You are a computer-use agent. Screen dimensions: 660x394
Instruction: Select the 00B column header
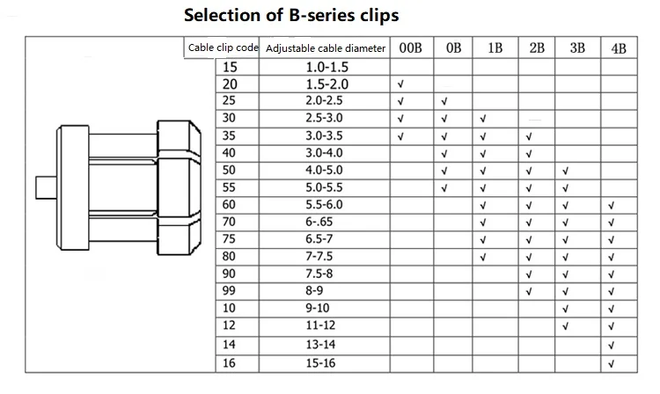(410, 48)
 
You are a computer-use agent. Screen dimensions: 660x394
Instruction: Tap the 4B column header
(619, 48)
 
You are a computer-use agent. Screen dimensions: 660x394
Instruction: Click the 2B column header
(537, 48)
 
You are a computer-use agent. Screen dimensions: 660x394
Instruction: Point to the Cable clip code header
(224, 47)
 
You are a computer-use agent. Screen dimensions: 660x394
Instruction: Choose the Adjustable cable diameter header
(326, 48)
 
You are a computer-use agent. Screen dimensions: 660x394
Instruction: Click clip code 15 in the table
(230, 67)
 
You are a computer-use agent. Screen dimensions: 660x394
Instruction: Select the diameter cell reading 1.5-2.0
(327, 84)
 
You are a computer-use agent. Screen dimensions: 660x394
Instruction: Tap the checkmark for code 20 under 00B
(400, 84)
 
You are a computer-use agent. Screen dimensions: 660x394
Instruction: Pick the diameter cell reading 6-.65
(319, 222)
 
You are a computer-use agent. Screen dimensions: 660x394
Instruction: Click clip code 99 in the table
(229, 290)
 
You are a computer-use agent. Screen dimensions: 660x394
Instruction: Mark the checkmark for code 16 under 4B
(612, 364)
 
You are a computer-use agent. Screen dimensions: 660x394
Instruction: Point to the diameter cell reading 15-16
(320, 363)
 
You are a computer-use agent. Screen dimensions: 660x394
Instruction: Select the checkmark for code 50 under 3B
(565, 171)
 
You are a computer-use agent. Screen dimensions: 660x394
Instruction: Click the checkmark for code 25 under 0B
(444, 101)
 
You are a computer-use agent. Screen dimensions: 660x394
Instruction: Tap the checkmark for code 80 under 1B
(483, 257)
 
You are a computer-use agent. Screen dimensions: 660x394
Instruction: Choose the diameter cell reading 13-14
(320, 345)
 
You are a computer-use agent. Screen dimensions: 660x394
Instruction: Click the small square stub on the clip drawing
(47, 187)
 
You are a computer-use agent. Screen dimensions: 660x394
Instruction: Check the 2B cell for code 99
(529, 291)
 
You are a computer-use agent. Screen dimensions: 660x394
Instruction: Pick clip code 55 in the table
(229, 187)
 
